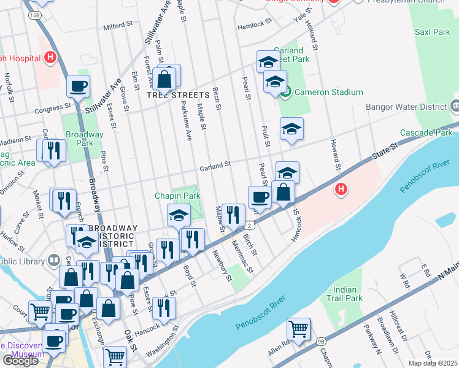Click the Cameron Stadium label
[x=328, y=92]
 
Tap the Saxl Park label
[x=433, y=32]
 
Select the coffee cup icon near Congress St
[x=78, y=86]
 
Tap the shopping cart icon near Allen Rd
[x=299, y=329]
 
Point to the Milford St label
[x=118, y=26]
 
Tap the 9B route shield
[x=321, y=341]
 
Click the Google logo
[x=20, y=361]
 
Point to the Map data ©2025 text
[x=433, y=363]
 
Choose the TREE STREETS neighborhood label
[x=179, y=95]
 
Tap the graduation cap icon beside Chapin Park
[x=179, y=215]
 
